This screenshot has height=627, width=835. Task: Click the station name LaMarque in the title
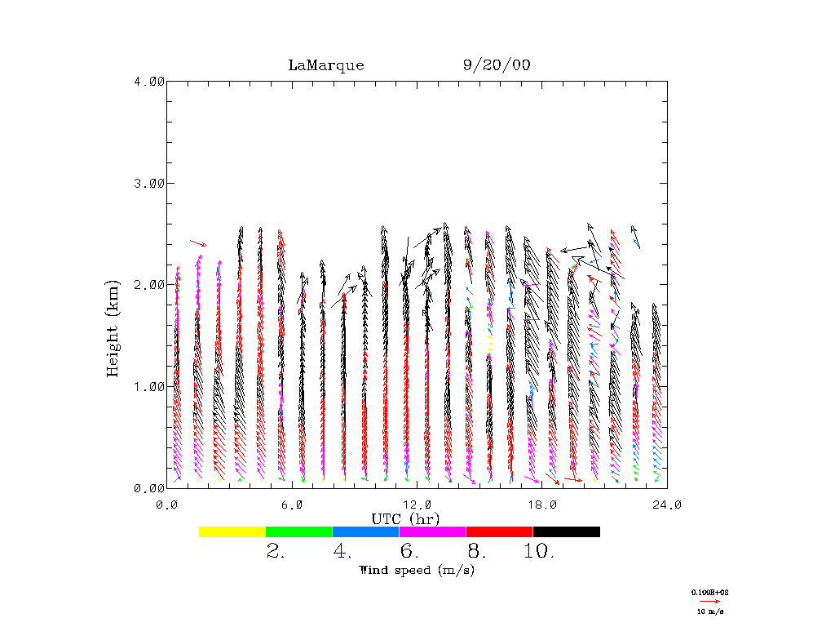click(326, 65)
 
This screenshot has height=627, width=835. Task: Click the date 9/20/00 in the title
click(497, 65)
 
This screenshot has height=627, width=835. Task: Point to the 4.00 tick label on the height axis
click(148, 81)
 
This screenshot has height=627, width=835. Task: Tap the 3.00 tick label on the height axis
click(148, 183)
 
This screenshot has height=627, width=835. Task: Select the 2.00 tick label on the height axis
click(148, 284)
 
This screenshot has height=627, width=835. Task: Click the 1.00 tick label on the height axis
click(148, 386)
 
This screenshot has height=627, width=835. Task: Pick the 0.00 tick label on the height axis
click(148, 487)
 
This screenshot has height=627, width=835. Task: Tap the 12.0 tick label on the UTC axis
click(417, 505)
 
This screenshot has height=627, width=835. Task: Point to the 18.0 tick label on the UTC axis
click(542, 505)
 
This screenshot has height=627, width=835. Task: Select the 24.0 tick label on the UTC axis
click(667, 505)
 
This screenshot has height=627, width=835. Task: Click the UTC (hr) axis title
click(405, 519)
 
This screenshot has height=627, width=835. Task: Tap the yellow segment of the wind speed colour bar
click(232, 531)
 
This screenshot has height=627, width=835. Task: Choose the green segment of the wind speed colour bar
click(299, 531)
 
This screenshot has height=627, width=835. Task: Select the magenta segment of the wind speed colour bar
click(432, 531)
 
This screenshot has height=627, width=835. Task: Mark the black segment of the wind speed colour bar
click(566, 531)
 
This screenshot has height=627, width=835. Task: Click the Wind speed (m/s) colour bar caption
click(417, 570)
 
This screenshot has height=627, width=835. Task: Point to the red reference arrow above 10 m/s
click(709, 601)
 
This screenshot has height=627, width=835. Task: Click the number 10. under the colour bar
click(539, 551)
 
